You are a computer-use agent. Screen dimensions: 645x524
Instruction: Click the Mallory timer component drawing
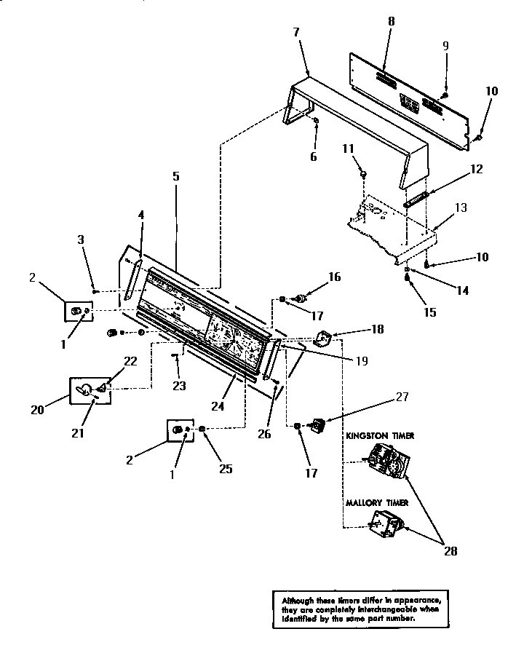tap(385, 524)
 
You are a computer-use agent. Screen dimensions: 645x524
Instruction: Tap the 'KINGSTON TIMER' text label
tap(379, 435)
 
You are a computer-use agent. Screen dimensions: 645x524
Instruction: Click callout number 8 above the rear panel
tap(391, 21)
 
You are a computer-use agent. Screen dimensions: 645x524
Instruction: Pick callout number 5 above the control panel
tap(176, 175)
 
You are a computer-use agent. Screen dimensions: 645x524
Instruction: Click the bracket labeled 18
tap(322, 339)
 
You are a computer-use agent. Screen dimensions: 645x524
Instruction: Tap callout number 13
tap(461, 208)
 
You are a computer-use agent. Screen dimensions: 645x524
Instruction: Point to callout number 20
tap(38, 409)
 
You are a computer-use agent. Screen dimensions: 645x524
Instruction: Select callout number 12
tap(476, 170)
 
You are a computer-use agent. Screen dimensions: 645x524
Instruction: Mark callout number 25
tap(226, 469)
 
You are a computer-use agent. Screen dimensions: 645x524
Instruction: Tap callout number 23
tap(178, 386)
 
